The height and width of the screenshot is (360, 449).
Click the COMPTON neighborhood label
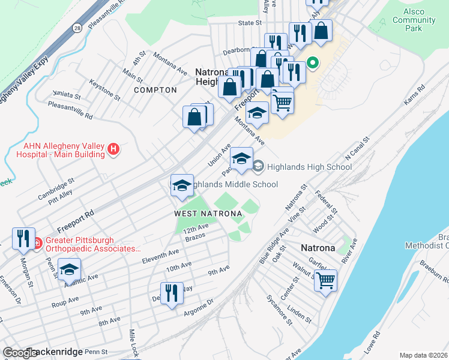[155, 90]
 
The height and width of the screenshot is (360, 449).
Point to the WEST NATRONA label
[208, 214]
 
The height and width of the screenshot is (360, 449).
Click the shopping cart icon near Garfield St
[325, 280]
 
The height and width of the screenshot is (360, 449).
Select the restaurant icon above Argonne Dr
[172, 293]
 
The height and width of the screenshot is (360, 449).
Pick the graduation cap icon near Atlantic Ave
[70, 268]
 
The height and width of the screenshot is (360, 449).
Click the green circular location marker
[313, 62]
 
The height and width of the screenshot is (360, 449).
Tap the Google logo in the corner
[19, 352]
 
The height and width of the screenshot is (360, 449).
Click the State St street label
[250, 22]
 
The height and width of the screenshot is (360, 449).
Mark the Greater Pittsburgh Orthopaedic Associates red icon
[36, 244]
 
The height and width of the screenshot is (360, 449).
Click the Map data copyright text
[423, 355]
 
